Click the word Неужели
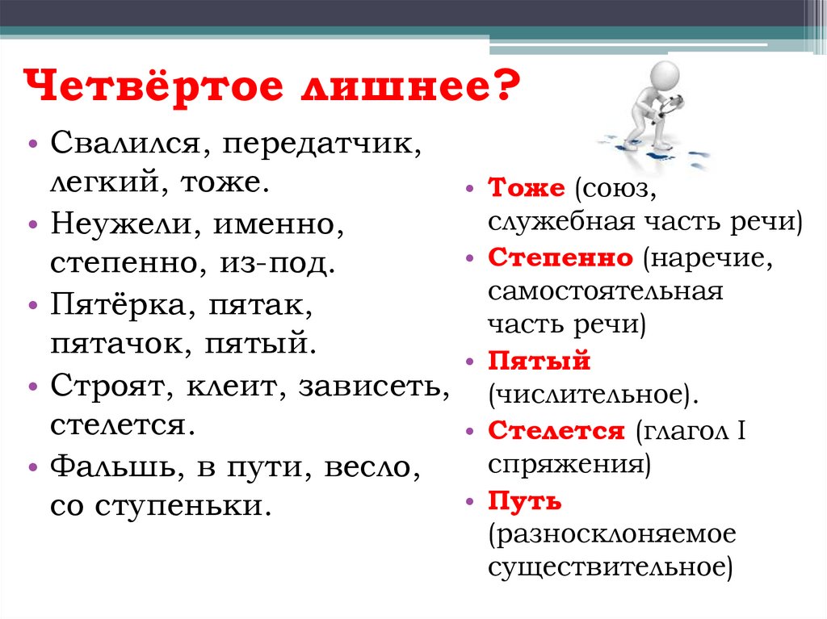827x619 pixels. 121,224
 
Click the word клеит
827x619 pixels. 234,386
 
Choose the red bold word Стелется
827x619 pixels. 556,430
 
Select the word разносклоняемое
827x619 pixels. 611,534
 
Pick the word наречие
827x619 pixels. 709,258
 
